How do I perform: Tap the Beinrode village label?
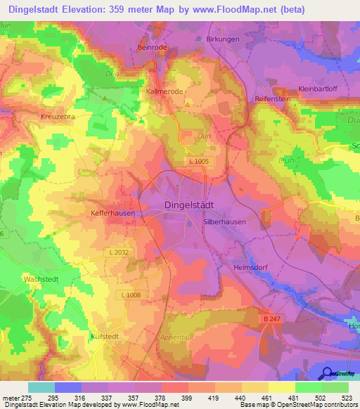pyautogui.click(x=152, y=46)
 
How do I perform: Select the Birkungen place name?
pyautogui.click(x=224, y=39)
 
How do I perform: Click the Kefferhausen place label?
pyautogui.click(x=112, y=212)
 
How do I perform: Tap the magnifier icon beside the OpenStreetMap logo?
pyautogui.click(x=326, y=373)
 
